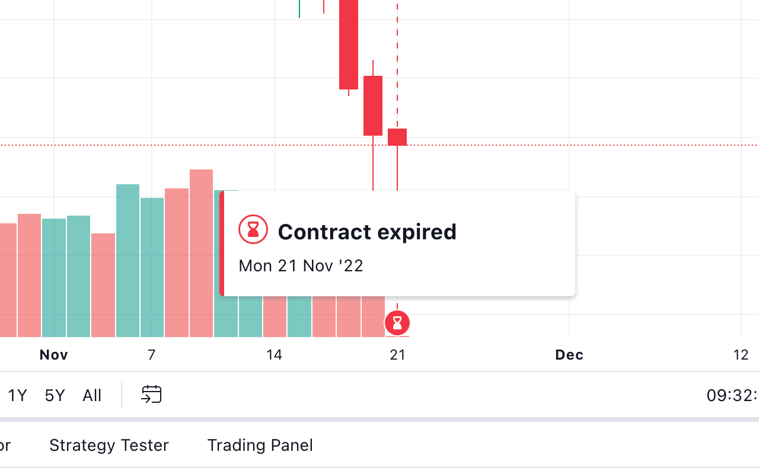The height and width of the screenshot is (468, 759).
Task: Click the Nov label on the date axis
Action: click(54, 355)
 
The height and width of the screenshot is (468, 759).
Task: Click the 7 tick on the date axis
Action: click(152, 355)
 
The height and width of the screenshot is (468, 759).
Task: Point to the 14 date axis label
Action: click(274, 355)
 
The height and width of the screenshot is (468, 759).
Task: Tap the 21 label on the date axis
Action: click(397, 355)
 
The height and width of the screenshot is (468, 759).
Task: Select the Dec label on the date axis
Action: click(569, 355)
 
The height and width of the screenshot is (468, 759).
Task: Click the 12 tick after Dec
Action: click(741, 355)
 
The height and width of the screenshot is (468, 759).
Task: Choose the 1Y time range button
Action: click(18, 395)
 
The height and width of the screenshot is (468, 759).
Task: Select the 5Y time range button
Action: click(55, 395)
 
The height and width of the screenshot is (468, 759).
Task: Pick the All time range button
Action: click(92, 395)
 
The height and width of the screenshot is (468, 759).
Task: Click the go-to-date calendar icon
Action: click(151, 395)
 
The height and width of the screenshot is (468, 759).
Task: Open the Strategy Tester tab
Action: click(109, 445)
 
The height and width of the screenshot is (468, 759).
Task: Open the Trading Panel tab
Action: click(260, 445)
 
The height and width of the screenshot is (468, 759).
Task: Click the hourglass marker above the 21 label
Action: click(397, 323)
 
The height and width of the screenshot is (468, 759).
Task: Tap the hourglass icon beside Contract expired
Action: click(253, 229)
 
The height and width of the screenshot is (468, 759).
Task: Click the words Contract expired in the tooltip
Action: click(367, 232)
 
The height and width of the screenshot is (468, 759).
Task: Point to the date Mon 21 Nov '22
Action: click(301, 265)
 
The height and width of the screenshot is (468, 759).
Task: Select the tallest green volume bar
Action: click(127, 261)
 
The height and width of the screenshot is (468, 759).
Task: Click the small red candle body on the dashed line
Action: click(397, 137)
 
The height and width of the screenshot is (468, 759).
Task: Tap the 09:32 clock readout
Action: click(732, 395)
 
